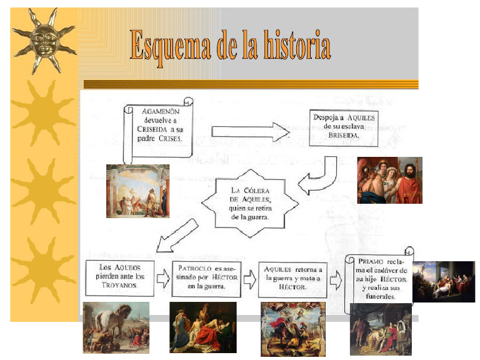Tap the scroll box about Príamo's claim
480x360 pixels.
coord(379,278)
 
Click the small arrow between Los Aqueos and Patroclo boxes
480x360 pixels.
coord(163,279)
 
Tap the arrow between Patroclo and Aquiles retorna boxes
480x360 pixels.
coord(249,279)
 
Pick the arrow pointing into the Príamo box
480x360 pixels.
coord(336,281)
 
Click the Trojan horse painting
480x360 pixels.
coord(116,327)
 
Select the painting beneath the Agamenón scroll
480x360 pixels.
coord(137,191)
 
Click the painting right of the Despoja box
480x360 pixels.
coord(389,180)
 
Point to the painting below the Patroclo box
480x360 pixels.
coord(202,327)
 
